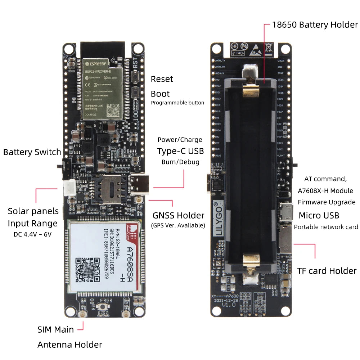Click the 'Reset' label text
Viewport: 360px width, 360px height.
162,79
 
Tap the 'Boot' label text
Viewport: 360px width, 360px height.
160,94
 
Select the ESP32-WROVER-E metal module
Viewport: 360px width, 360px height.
103,88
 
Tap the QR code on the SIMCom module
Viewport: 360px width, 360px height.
87,270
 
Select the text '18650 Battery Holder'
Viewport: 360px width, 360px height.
315,25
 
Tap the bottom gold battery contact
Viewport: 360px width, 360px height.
251,261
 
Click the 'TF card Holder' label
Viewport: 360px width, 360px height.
327,271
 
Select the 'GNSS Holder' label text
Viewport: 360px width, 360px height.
178,216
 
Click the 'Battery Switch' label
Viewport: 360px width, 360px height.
32,152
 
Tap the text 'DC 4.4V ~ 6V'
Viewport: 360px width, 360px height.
32,234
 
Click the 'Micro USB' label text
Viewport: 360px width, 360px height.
319,215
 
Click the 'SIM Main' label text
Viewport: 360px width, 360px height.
55,329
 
